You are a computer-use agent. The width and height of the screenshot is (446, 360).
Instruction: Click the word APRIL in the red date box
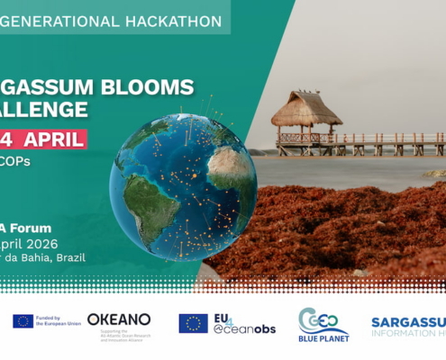[55, 139]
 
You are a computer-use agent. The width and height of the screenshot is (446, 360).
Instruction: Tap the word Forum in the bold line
[30, 228]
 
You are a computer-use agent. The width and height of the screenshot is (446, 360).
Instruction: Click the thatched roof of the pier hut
[305, 109]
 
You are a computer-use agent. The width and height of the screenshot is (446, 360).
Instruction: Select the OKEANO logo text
[119, 319]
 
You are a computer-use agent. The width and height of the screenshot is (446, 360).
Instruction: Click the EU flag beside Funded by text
[23, 321]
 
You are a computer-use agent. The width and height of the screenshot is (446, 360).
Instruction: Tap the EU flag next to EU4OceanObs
[193, 323]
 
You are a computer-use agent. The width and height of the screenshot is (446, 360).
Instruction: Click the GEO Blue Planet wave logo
[323, 319]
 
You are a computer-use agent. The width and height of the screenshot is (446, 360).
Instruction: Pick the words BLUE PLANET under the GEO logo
[323, 339]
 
